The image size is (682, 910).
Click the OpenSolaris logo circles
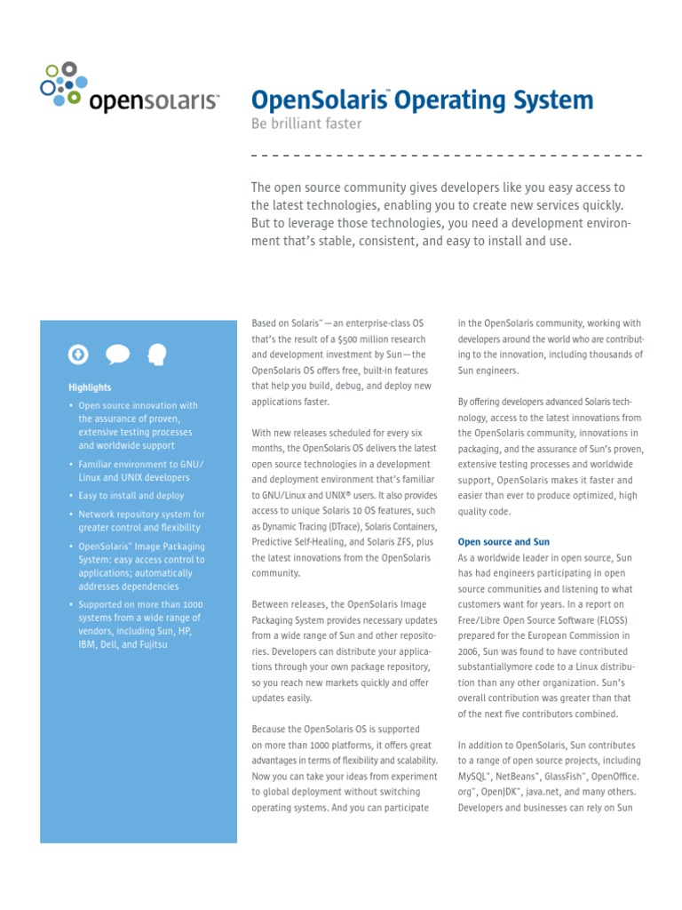[62, 84]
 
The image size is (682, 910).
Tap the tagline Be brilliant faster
[307, 124]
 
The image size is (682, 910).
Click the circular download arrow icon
[78, 355]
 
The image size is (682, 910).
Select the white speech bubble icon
[117, 355]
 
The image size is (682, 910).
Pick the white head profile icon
[157, 355]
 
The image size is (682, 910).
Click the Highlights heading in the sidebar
[90, 387]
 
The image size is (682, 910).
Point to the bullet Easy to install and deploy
[131, 496]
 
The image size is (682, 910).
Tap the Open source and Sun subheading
[504, 541]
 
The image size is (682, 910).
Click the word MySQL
[475, 777]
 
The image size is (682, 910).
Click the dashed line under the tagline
[447, 156]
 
